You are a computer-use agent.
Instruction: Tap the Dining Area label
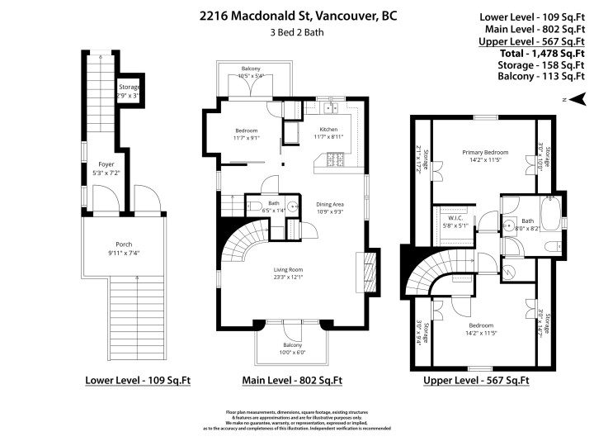click(330, 204)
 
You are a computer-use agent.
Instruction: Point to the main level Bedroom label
click(246, 130)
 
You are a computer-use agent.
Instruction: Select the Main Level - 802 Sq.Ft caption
click(292, 381)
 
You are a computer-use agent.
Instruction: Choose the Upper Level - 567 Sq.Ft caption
click(476, 381)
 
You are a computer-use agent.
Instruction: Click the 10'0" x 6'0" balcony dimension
click(292, 353)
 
